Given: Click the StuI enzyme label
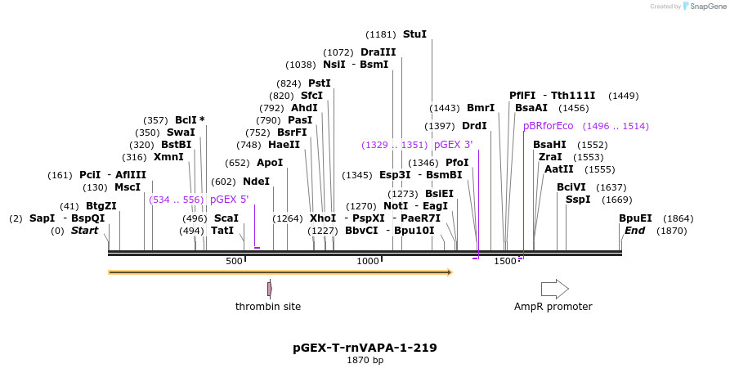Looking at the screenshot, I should pyautogui.click(x=414, y=34).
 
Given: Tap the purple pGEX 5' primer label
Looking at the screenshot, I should pyautogui.click(x=229, y=199).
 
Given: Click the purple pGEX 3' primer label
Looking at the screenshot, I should pyautogui.click(x=453, y=145).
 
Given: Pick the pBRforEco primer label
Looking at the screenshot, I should pyautogui.click(x=549, y=126).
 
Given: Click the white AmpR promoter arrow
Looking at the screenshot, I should pyautogui.click(x=554, y=289).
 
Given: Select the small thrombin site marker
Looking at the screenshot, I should pyautogui.click(x=269, y=289).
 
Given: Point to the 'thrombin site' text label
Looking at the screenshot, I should pyautogui.click(x=268, y=307).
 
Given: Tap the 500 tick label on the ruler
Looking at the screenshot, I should pyautogui.click(x=234, y=261).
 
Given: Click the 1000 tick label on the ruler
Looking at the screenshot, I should pyautogui.click(x=368, y=261).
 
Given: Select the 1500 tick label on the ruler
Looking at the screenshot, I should pyautogui.click(x=504, y=261).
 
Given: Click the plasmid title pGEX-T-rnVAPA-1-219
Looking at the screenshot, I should pyautogui.click(x=365, y=348).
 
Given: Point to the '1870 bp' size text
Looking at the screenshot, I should pyautogui.click(x=365, y=361).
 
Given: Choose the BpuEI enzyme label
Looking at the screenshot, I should pyautogui.click(x=635, y=218).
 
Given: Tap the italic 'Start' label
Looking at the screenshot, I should pyautogui.click(x=84, y=231).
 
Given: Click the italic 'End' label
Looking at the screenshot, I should pyautogui.click(x=634, y=231).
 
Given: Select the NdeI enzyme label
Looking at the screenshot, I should pyautogui.click(x=256, y=182).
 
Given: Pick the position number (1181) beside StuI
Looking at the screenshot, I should pyautogui.click(x=380, y=34).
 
